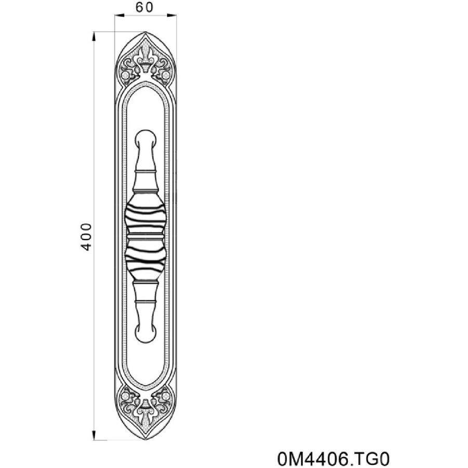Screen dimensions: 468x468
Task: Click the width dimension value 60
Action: click(144, 7)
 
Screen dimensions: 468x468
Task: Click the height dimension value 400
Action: click(86, 237)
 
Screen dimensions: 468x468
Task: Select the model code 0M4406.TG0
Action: click(333, 459)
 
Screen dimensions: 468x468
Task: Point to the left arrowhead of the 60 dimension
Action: click(120, 15)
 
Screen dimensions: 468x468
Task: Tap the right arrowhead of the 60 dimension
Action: click(172, 15)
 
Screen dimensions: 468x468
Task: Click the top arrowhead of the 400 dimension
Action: click(94, 36)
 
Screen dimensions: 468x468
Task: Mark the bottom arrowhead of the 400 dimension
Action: click(94, 435)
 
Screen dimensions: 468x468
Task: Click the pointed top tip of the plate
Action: click(146, 32)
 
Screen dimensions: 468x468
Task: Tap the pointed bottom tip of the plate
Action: click(146, 439)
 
